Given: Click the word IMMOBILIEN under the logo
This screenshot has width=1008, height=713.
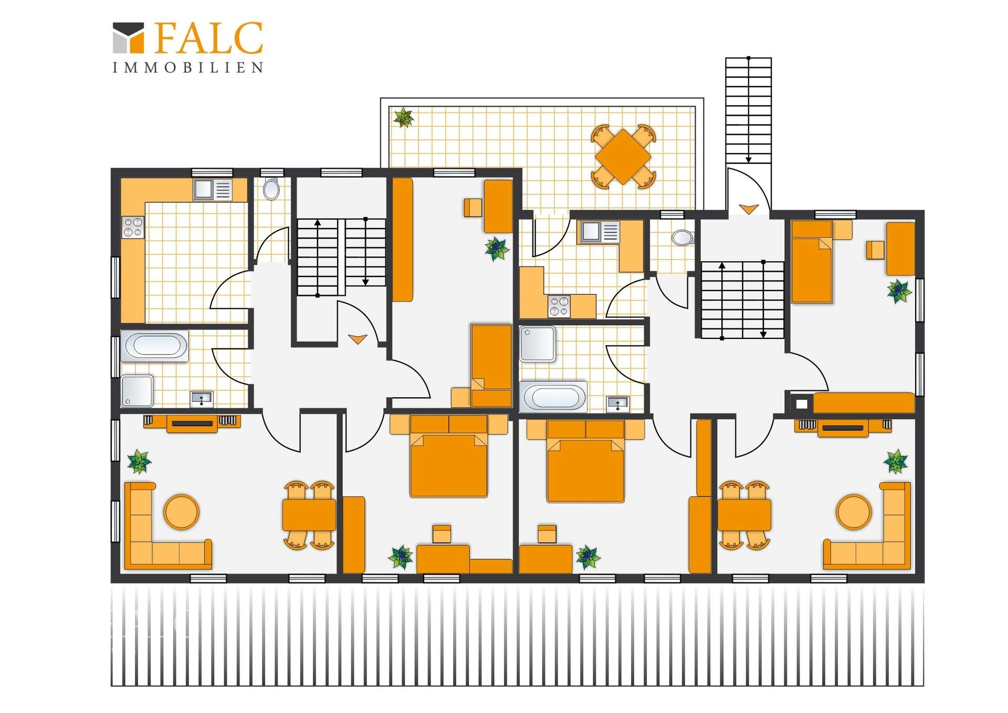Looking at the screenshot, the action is tap(188, 68).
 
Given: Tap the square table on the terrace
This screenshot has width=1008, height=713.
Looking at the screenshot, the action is tap(623, 157).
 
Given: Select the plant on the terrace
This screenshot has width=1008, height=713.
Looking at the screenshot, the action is tap(404, 118).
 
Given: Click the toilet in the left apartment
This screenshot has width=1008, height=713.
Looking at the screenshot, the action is tap(271, 189).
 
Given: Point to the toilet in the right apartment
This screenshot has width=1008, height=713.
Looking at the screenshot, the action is tap(682, 237).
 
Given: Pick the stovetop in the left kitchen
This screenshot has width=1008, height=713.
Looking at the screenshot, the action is tap(133, 228).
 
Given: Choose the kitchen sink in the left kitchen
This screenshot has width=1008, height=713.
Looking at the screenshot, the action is tap(212, 190).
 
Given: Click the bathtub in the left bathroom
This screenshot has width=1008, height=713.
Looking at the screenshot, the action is tap(154, 346).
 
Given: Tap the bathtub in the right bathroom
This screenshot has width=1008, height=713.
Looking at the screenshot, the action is tap(553, 397).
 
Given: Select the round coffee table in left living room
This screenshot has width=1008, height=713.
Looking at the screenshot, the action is tap(182, 511).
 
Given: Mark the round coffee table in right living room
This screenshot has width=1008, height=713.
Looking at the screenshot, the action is tap(854, 512).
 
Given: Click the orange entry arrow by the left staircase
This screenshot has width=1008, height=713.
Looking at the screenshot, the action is tap(358, 339).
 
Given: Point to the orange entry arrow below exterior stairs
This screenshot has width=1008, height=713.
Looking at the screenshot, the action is tap(749, 209).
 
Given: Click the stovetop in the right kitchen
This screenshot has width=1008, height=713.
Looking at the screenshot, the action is tap(559, 306).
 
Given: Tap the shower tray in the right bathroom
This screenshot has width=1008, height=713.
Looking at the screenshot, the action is tap(538, 344).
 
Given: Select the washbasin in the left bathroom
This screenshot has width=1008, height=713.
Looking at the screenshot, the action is tap(202, 399).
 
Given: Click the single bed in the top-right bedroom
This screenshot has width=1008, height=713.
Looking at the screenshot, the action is tap(812, 262).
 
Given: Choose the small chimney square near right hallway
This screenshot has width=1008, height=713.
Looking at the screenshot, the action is tap(802, 404).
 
